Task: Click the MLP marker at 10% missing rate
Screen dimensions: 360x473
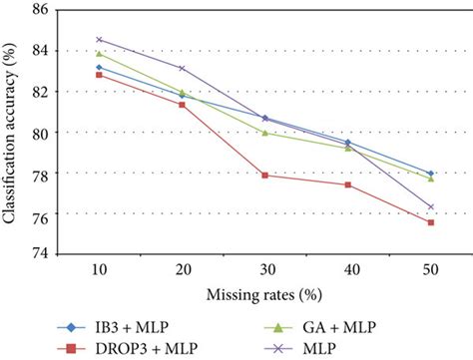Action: tap(100, 40)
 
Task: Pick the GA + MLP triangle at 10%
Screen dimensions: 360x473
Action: tap(100, 54)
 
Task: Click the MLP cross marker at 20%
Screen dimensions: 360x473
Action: tap(182, 68)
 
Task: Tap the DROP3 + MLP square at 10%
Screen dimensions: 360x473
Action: tap(100, 75)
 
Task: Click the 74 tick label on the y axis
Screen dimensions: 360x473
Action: tap(43, 254)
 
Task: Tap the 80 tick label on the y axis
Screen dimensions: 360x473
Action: tap(43, 133)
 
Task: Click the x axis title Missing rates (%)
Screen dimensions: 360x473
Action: tap(263, 295)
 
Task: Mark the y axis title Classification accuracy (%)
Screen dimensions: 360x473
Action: tap(13, 132)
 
